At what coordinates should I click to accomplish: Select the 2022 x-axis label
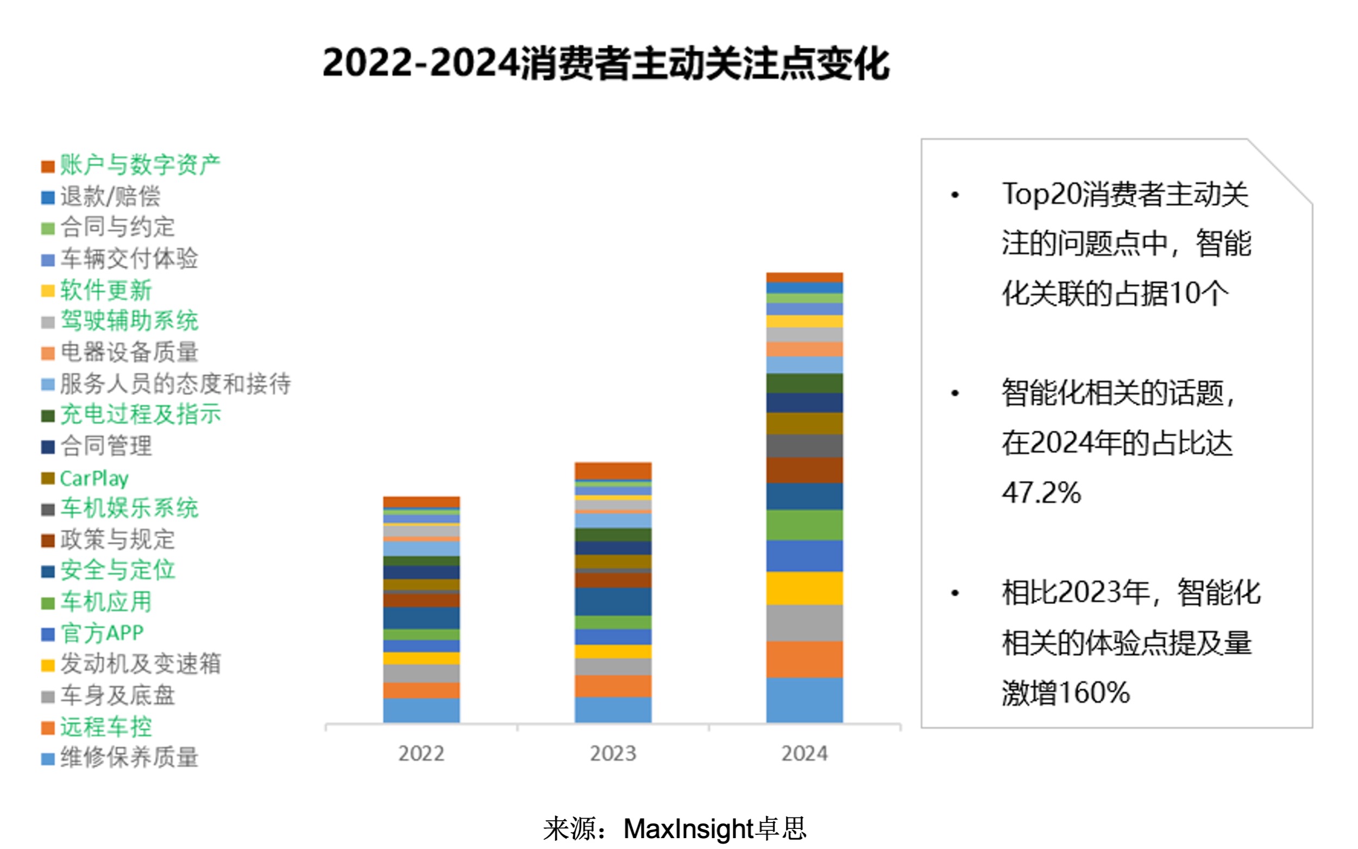point(421,753)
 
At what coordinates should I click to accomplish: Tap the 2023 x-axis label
point(613,753)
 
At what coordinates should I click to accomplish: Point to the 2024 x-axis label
point(804,753)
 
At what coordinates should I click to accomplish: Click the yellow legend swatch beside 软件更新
point(48,291)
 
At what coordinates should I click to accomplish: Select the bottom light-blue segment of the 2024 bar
point(804,700)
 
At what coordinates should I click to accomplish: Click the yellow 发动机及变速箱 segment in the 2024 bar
point(804,588)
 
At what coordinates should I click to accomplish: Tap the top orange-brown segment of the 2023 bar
point(613,470)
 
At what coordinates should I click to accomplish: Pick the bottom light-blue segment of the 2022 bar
point(421,710)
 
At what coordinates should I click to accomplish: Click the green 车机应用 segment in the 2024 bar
point(804,525)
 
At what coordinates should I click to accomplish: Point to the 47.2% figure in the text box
point(1041,493)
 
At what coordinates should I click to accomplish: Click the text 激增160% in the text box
point(1066,693)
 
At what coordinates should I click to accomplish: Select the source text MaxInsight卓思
point(714,829)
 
